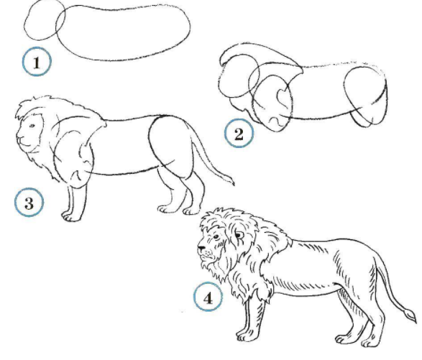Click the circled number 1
click(37, 61)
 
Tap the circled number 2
click(239, 133)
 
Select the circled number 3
click(29, 202)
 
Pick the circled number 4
click(208, 297)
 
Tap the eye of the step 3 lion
click(32, 125)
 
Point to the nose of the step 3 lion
click(19, 138)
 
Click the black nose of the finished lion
click(201, 247)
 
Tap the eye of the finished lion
click(216, 237)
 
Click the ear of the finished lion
click(239, 235)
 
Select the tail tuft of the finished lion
click(410, 315)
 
